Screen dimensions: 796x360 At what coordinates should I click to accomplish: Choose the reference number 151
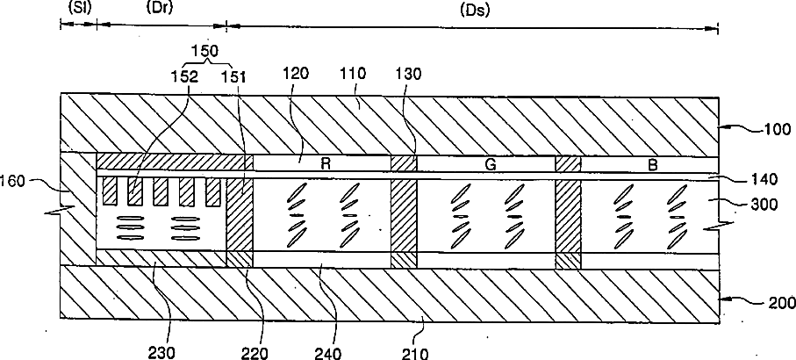pyautogui.click(x=234, y=76)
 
